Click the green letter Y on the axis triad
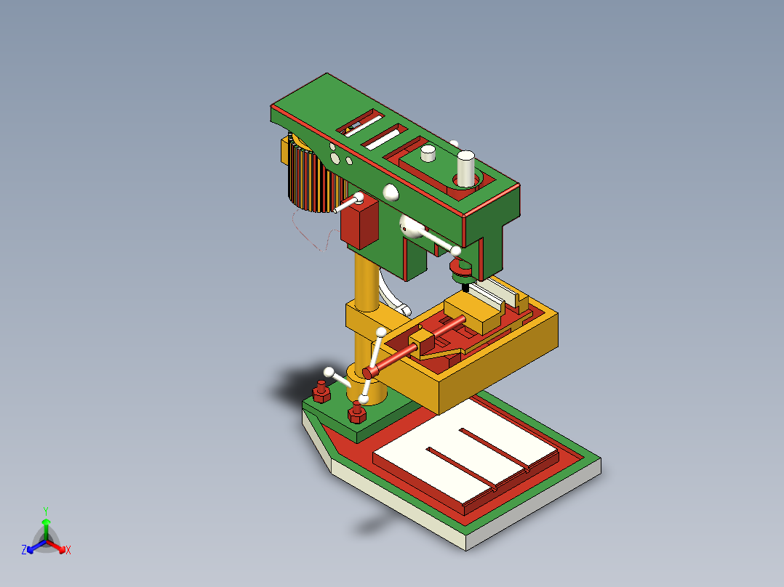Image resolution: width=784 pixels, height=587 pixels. [x=45, y=511]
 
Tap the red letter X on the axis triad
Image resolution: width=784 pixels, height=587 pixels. [x=68, y=551]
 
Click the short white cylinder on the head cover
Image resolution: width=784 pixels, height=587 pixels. [x=428, y=153]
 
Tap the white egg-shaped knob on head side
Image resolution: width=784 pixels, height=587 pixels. [x=391, y=192]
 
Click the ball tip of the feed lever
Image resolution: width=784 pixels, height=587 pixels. [x=456, y=251]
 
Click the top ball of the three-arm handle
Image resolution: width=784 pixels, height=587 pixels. [x=380, y=333]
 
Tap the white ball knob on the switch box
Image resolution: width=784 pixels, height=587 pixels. [x=359, y=197]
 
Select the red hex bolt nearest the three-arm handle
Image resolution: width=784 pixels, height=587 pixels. [x=356, y=413]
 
